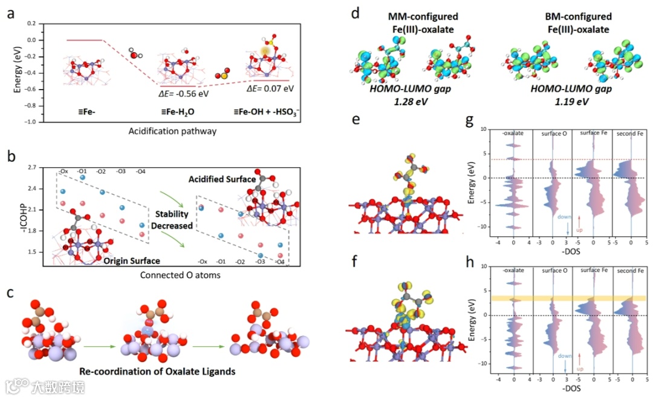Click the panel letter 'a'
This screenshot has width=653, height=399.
coord(11,13)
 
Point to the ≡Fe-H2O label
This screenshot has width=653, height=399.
coord(180,113)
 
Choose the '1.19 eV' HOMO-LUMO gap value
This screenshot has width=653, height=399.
coord(568,101)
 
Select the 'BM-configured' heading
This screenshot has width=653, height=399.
coord(573,16)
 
